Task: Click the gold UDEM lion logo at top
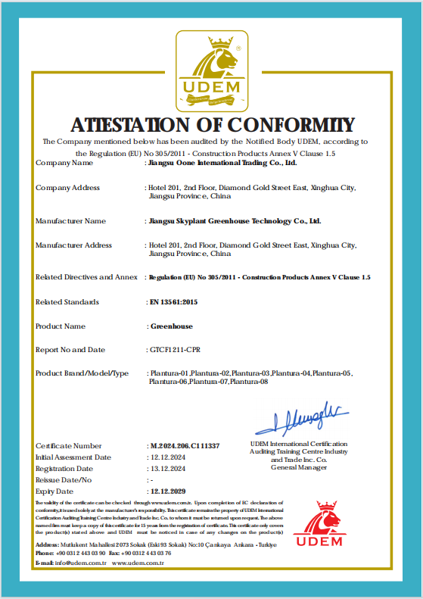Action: [x=212, y=70]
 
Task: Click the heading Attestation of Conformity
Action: [x=212, y=125]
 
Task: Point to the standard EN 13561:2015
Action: [x=173, y=302]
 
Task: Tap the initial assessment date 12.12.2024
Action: [x=167, y=457]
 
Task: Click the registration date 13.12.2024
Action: [x=167, y=469]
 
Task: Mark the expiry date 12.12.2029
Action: [x=169, y=491]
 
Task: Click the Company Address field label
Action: [x=67, y=188]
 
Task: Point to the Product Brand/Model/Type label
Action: [x=82, y=373]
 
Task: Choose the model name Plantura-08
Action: [x=250, y=382]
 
